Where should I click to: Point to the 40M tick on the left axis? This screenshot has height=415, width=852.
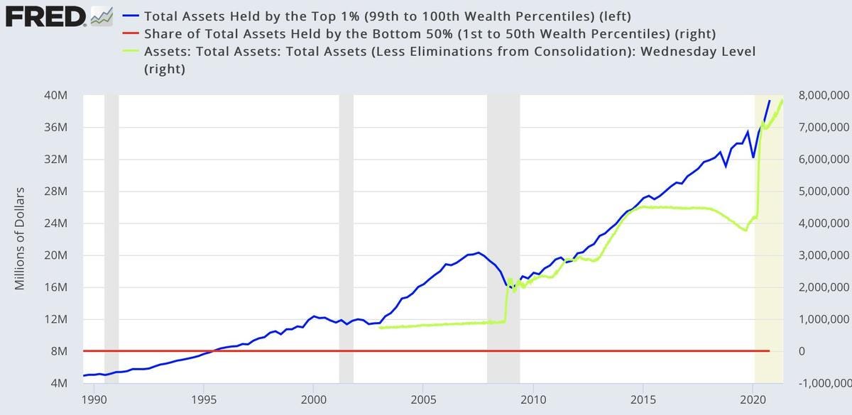[58, 96]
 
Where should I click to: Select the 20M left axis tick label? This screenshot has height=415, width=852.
[58, 255]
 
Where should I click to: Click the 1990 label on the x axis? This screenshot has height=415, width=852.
[94, 399]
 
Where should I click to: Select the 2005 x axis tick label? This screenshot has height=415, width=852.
[423, 399]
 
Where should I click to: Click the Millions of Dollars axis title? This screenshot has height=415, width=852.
[19, 239]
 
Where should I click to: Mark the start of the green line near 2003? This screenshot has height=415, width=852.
[380, 328]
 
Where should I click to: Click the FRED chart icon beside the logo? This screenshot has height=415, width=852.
[102, 15]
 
